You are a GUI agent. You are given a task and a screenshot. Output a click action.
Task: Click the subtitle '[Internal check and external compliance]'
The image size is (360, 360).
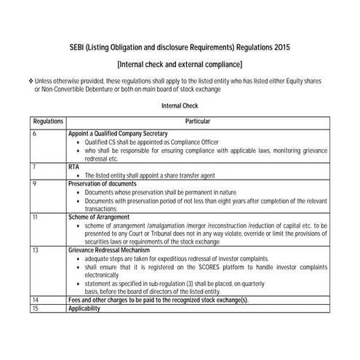point(180,65)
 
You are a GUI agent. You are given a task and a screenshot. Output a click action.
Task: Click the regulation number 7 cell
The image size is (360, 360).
point(35,167)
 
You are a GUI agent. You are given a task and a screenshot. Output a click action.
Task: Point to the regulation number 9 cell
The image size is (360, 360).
point(35,184)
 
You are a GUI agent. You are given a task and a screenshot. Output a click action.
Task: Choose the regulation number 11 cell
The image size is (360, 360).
point(36,217)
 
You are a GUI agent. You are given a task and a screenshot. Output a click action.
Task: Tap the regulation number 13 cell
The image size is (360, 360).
point(36,249)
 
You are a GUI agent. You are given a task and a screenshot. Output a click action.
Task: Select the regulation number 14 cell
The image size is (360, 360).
point(36,300)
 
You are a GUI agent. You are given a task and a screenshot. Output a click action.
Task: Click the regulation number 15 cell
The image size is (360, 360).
point(36,308)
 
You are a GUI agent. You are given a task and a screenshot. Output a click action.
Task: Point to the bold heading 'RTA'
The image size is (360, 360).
point(73,167)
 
